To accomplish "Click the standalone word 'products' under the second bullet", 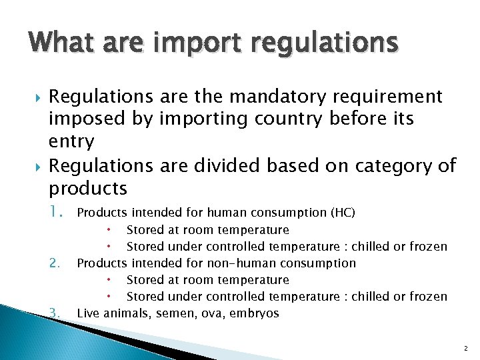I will point(89,188).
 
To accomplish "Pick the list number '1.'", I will point(57,213).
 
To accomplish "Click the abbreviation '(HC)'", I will point(343,213).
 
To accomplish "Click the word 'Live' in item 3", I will point(90,313).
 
